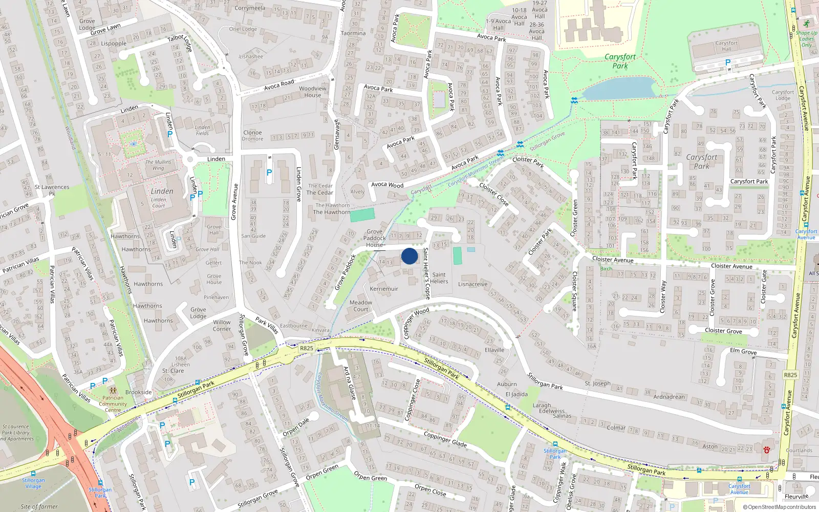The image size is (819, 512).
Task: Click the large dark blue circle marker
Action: click(409, 256)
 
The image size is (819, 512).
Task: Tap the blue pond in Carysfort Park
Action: click(619, 89)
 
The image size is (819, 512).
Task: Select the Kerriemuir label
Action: click(384, 289)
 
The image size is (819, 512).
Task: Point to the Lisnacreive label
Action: click(472, 284)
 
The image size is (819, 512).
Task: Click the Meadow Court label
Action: click(361, 306)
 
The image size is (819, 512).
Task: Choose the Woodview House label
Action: click(313, 92)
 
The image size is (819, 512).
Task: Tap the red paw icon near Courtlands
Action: click(767, 450)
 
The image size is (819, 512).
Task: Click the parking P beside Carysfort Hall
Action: click(727, 62)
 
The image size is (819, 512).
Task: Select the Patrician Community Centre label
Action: click(113, 403)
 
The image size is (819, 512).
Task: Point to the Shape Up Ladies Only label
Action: click(806, 39)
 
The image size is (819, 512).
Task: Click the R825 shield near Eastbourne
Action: click(306, 348)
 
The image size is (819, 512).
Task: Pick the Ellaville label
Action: click(494, 350)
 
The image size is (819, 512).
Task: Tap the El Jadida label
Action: click(516, 394)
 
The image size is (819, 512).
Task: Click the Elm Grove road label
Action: click(743, 351)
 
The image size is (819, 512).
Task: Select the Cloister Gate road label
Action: click(764, 287)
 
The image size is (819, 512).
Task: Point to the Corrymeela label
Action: click(250, 8)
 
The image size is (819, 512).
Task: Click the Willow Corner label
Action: click(222, 326)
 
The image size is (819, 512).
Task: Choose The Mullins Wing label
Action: click(158, 165)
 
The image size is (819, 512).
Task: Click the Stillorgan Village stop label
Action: click(33, 483)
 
